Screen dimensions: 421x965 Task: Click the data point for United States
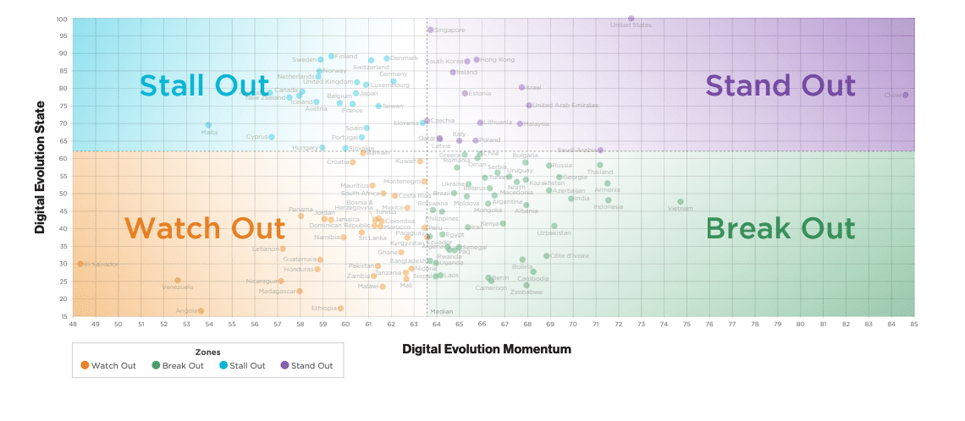tap(631, 19)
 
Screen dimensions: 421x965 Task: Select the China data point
tap(905, 95)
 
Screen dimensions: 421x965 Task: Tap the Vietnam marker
tap(680, 202)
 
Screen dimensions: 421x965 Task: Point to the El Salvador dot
tap(80, 264)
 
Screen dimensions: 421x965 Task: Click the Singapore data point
tap(430, 30)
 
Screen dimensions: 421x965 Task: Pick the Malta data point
tap(208, 125)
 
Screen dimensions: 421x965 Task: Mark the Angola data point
tap(201, 311)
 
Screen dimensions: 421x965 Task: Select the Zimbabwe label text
tap(527, 293)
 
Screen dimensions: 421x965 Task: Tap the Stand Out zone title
tap(780, 85)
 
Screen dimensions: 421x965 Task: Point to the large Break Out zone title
tap(780, 228)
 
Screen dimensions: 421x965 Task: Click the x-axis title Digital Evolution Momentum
tap(486, 348)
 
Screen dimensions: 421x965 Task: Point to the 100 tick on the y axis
tap(63, 19)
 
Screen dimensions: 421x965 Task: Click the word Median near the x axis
tap(442, 311)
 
